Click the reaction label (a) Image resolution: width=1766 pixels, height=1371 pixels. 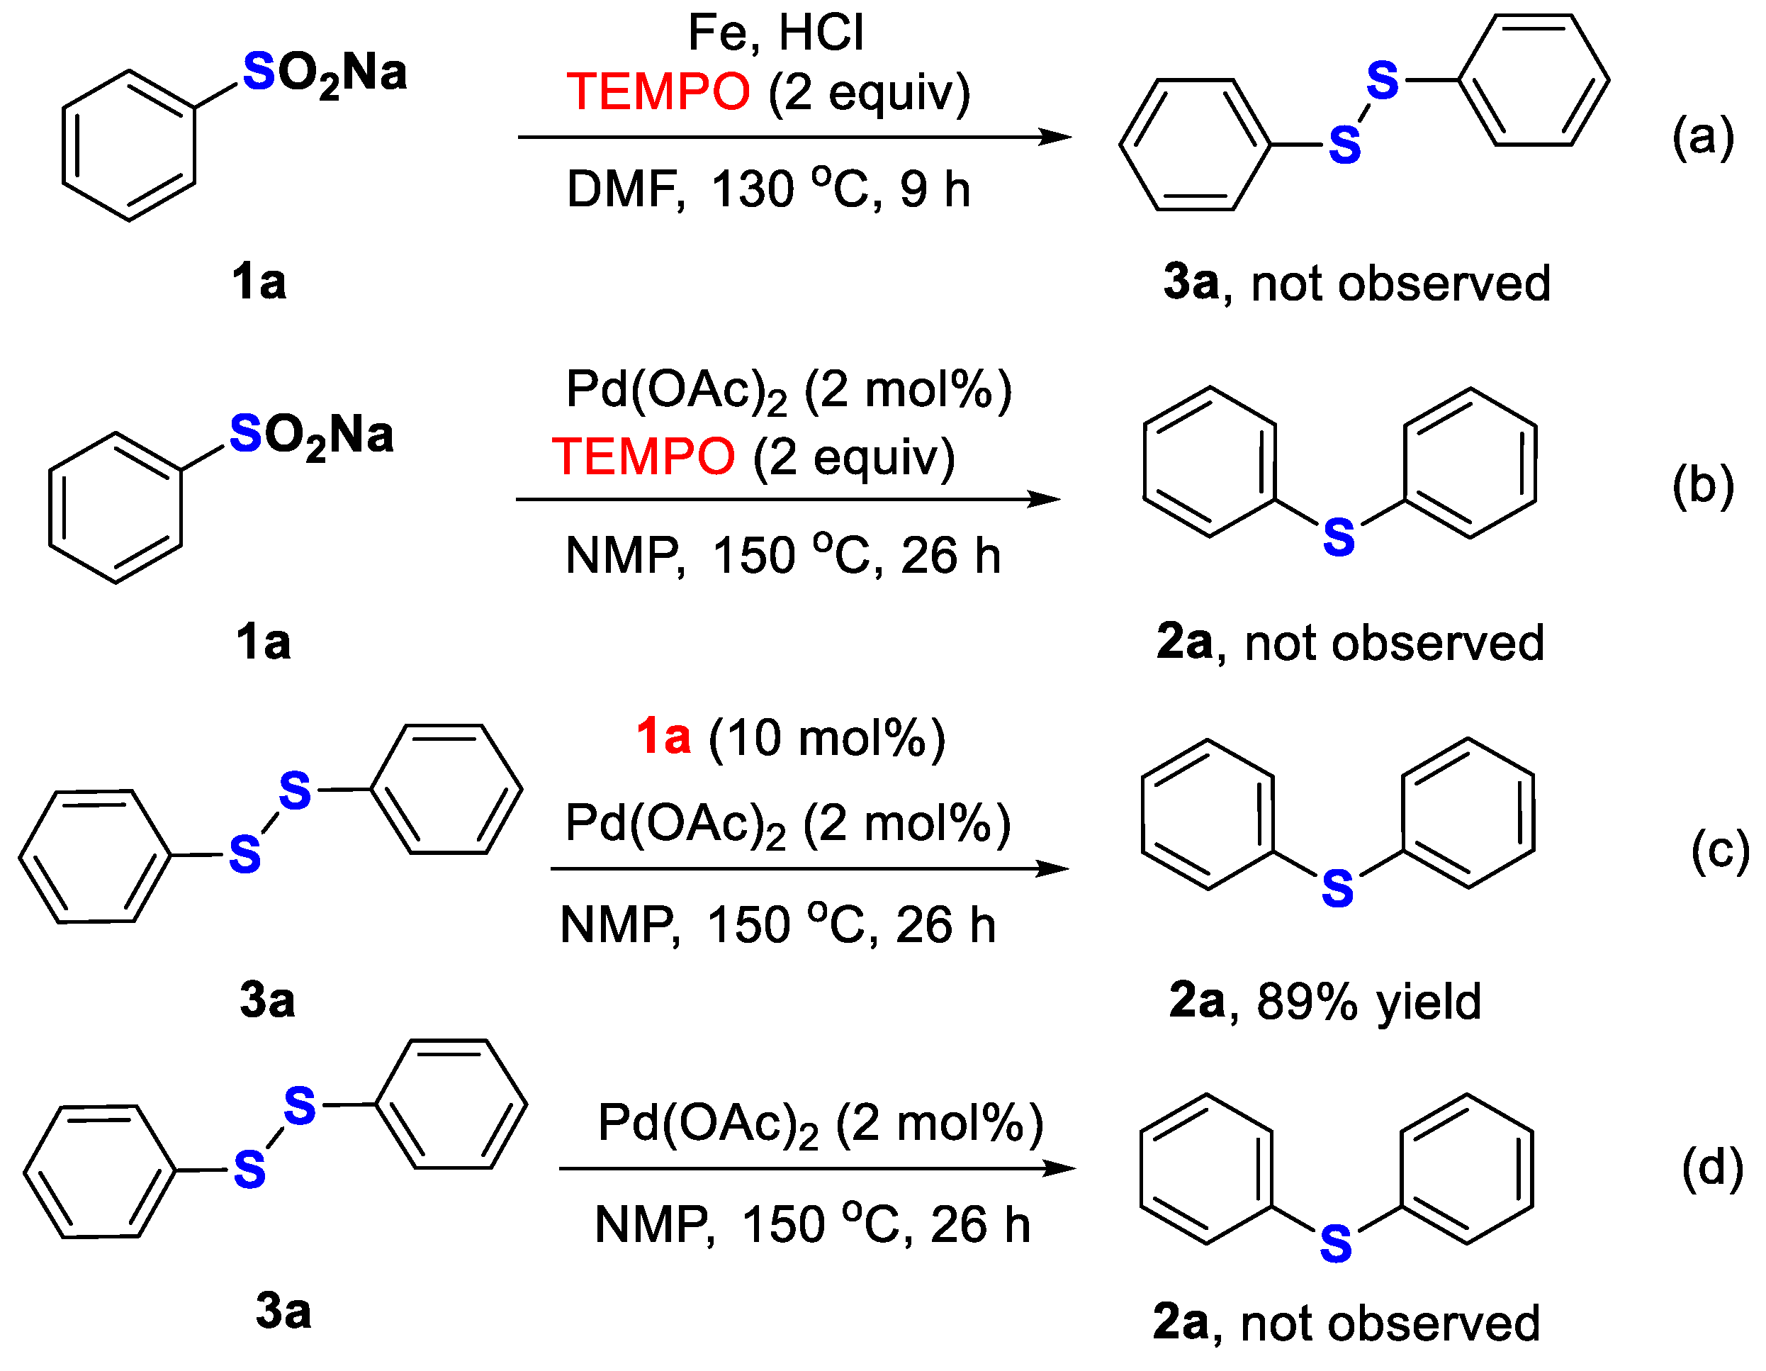coord(1702,137)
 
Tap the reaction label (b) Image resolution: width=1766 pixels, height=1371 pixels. coord(1702,486)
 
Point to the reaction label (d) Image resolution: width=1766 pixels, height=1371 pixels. coord(1712,1168)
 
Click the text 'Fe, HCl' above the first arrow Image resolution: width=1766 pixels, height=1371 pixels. coord(775,33)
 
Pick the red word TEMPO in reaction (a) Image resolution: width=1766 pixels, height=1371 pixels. coord(658,91)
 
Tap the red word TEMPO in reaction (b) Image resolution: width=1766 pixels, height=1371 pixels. coord(643,457)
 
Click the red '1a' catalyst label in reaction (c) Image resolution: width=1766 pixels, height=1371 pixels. coord(663,737)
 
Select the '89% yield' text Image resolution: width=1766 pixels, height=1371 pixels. coord(1368,1002)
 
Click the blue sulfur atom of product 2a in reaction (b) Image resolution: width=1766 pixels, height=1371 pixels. coord(1339,537)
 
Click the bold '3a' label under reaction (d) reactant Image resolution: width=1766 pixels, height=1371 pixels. coord(283,1310)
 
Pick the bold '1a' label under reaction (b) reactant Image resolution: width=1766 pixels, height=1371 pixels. coord(263,643)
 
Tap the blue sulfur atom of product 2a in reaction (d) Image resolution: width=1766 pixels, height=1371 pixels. coord(1336,1244)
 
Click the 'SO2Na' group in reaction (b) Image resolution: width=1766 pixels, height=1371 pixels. coord(311,435)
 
